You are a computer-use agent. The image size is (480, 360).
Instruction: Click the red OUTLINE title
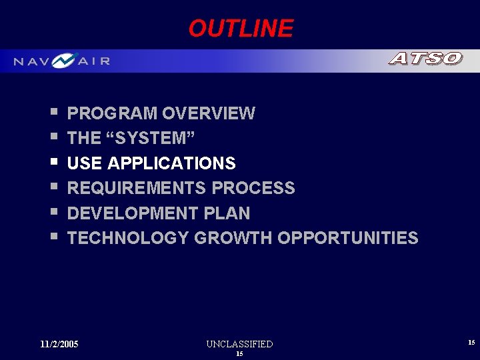click(x=240, y=29)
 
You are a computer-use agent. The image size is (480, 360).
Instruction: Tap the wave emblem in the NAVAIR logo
click(x=65, y=61)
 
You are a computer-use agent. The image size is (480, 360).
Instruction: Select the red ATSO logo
click(x=425, y=59)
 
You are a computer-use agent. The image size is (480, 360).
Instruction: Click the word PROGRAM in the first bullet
click(x=112, y=113)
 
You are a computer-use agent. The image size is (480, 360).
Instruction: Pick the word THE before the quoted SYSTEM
click(x=84, y=138)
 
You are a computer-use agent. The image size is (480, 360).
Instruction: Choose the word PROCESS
click(x=253, y=188)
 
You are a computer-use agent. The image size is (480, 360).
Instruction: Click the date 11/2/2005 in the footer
click(x=59, y=344)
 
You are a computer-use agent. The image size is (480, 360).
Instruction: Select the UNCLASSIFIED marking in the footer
click(x=239, y=344)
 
